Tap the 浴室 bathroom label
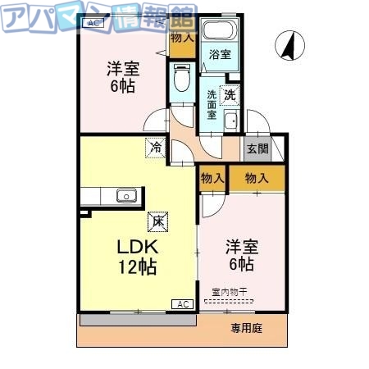click(218, 55)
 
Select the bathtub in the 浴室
click(219, 32)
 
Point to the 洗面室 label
click(212, 105)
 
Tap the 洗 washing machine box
click(230, 95)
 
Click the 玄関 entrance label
click(257, 149)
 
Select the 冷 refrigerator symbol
click(155, 148)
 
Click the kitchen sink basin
click(125, 195)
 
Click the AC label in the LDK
click(181, 304)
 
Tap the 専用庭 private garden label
click(245, 327)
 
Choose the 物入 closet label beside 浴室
click(183, 37)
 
